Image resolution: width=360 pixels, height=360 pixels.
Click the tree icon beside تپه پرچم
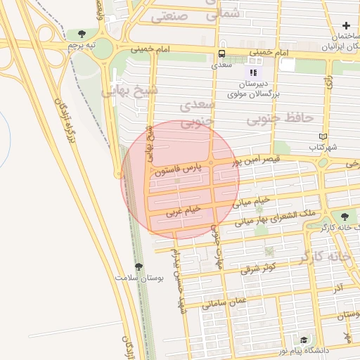pyautogui.click(x=82, y=34)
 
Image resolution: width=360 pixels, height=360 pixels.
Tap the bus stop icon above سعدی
pyautogui.click(x=222, y=53)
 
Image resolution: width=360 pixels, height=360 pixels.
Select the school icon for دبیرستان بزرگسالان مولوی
pyautogui.click(x=252, y=72)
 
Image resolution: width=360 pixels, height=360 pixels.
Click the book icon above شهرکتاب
pyautogui.click(x=323, y=137)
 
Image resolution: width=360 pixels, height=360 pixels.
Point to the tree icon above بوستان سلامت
pyautogui.click(x=139, y=267)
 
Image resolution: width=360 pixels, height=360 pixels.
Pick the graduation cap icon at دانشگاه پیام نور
pyautogui.click(x=303, y=339)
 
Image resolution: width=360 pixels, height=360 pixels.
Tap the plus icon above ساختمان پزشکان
pyautogui.click(x=346, y=25)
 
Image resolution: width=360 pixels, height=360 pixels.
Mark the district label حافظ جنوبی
pyautogui.click(x=279, y=119)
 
